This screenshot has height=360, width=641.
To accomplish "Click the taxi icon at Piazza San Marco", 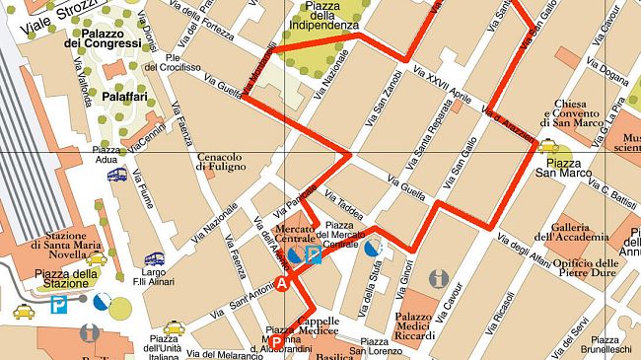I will point(548,148).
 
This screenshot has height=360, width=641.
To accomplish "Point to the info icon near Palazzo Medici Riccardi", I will point(439,279).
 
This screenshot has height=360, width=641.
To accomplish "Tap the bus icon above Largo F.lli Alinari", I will point(154,260).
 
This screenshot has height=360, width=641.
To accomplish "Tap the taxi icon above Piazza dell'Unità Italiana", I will point(175,327).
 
